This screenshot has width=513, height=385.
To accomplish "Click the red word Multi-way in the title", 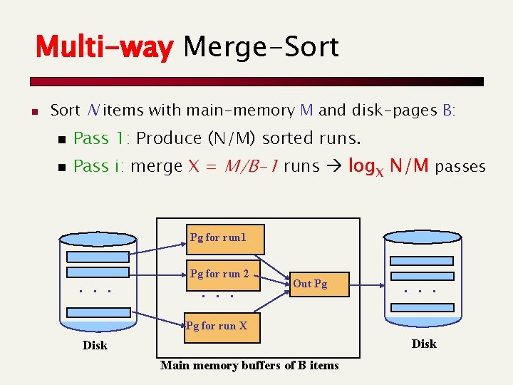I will (x=104, y=48).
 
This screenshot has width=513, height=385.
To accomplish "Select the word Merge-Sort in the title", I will (x=261, y=48).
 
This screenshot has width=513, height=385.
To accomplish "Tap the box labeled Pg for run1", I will (x=225, y=240).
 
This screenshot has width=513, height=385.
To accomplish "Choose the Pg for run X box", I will (x=221, y=327).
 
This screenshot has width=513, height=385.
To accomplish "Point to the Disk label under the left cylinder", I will (x=95, y=346).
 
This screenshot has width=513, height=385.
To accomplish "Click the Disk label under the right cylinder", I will (x=424, y=344).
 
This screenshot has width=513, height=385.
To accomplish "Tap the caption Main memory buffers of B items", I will (x=249, y=366).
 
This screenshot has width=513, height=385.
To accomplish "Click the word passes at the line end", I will (x=460, y=168).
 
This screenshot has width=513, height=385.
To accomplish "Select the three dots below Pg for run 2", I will (x=217, y=294).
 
